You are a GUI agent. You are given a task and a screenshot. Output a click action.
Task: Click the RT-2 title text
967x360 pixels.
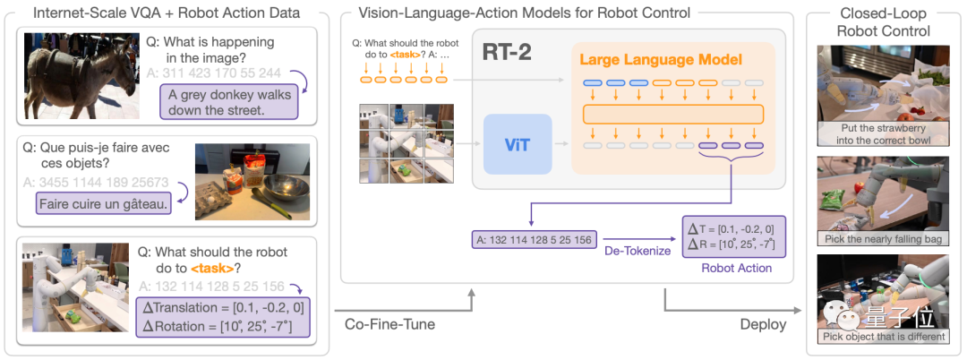(x=509, y=51)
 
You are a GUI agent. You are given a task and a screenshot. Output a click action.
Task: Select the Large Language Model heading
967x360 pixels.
(x=661, y=60)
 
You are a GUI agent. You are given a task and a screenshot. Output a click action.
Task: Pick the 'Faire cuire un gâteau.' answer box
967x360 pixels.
(x=104, y=204)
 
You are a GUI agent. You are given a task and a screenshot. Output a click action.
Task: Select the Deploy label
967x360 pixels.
(x=763, y=324)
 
